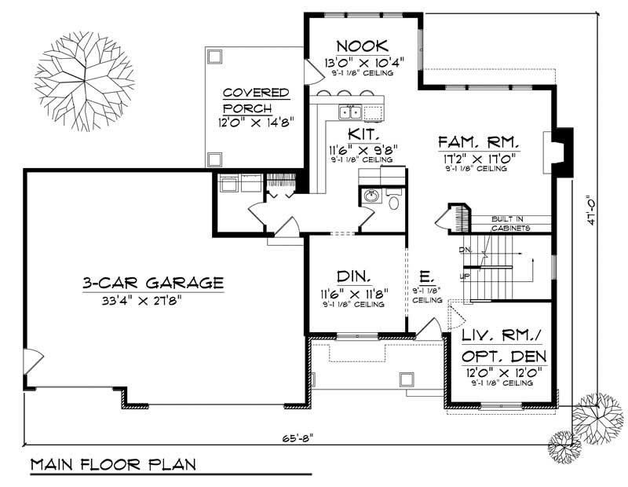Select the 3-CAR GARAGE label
[x=153, y=282]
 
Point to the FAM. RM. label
[x=479, y=142]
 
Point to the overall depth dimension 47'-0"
[x=590, y=210]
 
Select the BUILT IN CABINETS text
[x=510, y=223]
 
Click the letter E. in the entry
[x=425, y=277]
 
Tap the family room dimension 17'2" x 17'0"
[x=479, y=158]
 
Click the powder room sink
[x=372, y=196]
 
